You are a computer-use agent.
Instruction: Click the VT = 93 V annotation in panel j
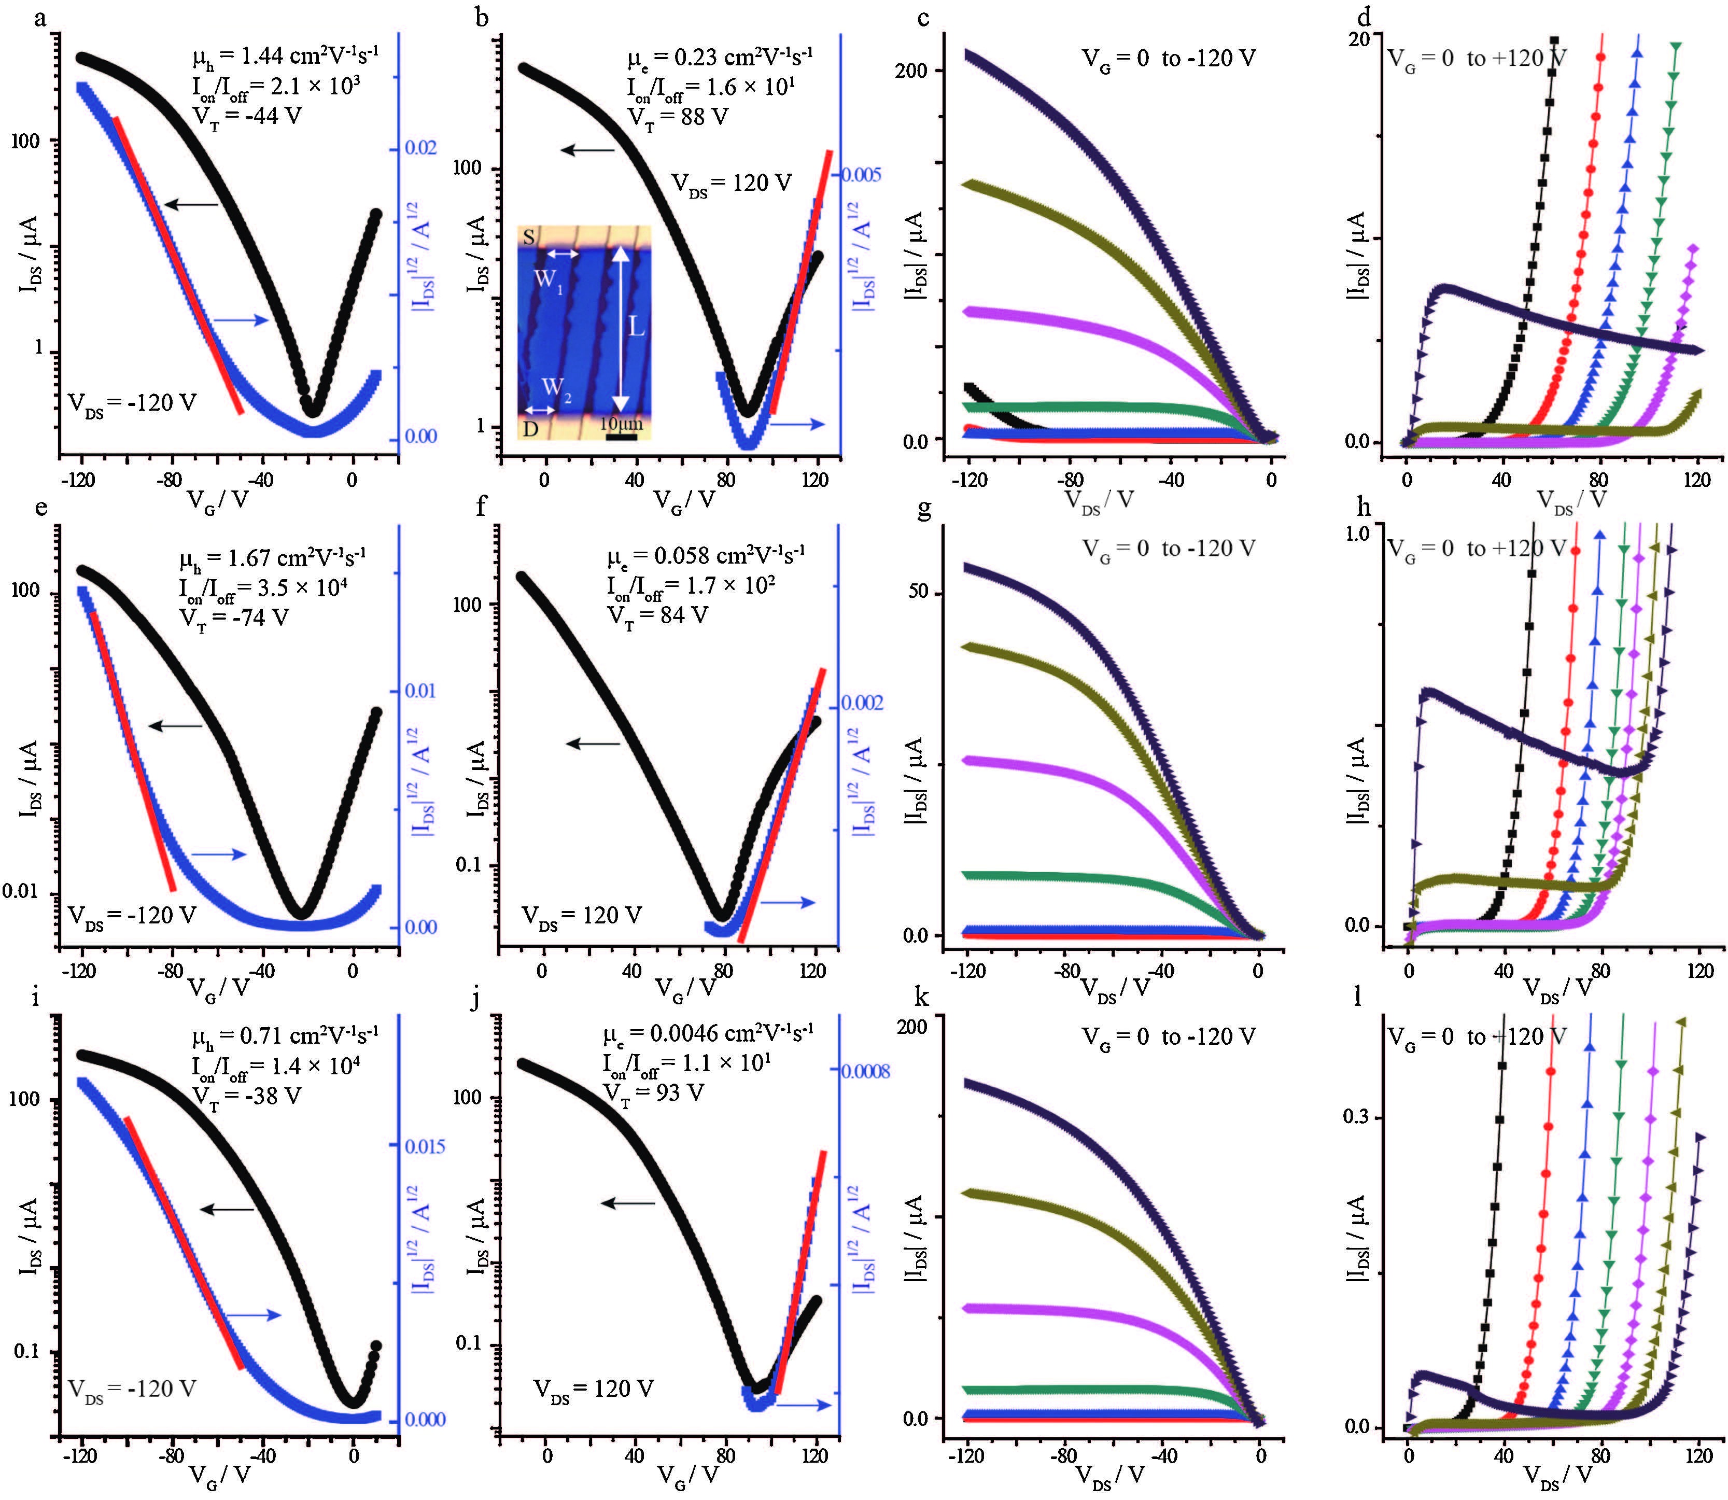pos(654,1092)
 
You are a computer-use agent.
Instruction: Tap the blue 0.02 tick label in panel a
pos(421,148)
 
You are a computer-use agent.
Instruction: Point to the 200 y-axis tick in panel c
pos(912,71)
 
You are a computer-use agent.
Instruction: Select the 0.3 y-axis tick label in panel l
pos(1359,1117)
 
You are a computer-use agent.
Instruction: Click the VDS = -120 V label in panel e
pos(131,916)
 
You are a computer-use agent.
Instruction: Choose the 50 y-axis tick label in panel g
pos(919,592)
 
